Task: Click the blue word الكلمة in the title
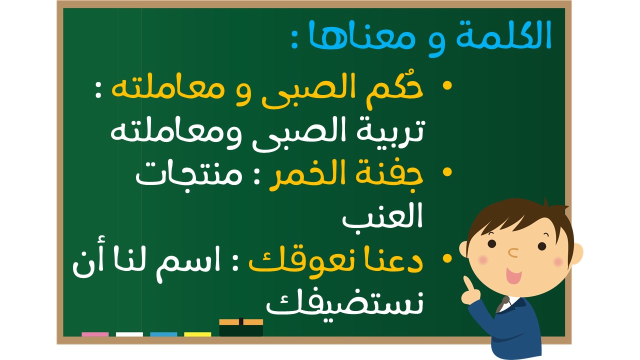click(x=503, y=35)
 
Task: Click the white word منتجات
click(x=189, y=175)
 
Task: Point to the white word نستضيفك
click(x=344, y=304)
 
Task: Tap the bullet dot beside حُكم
click(x=447, y=85)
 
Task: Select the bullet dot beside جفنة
click(x=447, y=172)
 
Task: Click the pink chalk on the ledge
click(x=95, y=334)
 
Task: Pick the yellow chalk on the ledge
click(x=197, y=334)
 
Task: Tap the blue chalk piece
click(x=163, y=334)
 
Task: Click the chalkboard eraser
click(x=241, y=327)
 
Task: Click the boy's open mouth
click(x=513, y=275)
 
